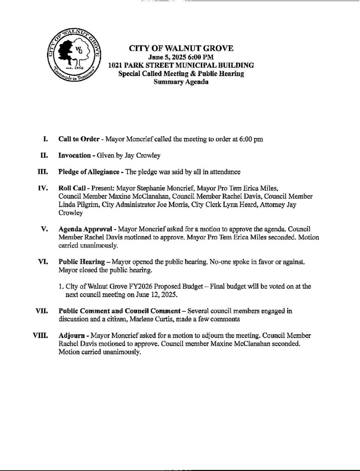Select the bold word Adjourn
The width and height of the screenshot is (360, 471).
(71, 336)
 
